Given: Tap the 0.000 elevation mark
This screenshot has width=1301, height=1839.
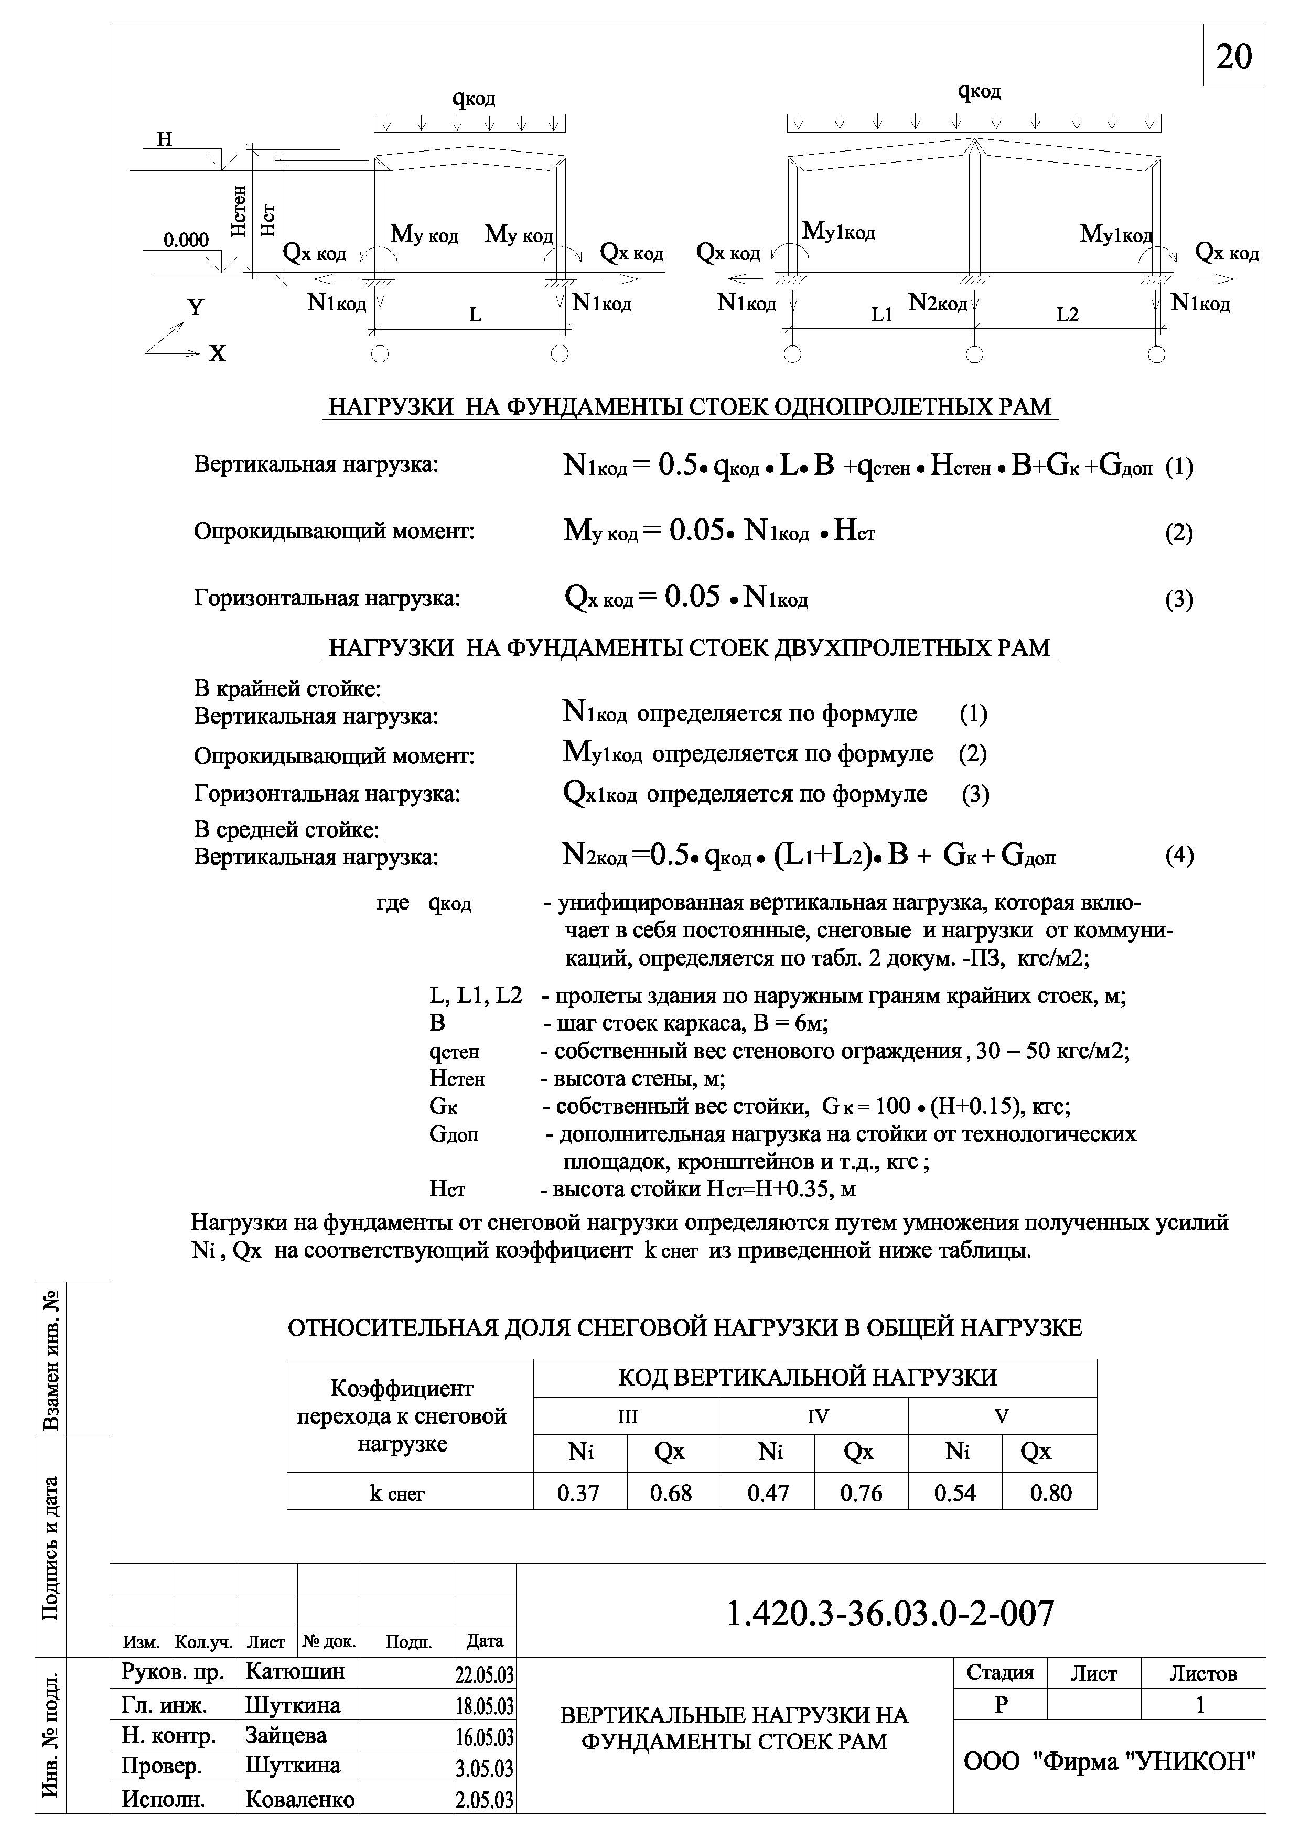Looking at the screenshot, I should [186, 240].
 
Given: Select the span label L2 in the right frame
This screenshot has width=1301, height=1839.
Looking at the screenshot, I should [1067, 315].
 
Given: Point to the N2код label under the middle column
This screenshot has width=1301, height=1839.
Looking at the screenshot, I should [937, 303].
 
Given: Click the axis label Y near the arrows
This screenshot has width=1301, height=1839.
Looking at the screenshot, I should [196, 308].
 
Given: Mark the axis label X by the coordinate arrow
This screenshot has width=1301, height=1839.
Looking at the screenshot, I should [217, 353].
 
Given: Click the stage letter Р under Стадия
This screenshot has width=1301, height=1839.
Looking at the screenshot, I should [1001, 1705].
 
